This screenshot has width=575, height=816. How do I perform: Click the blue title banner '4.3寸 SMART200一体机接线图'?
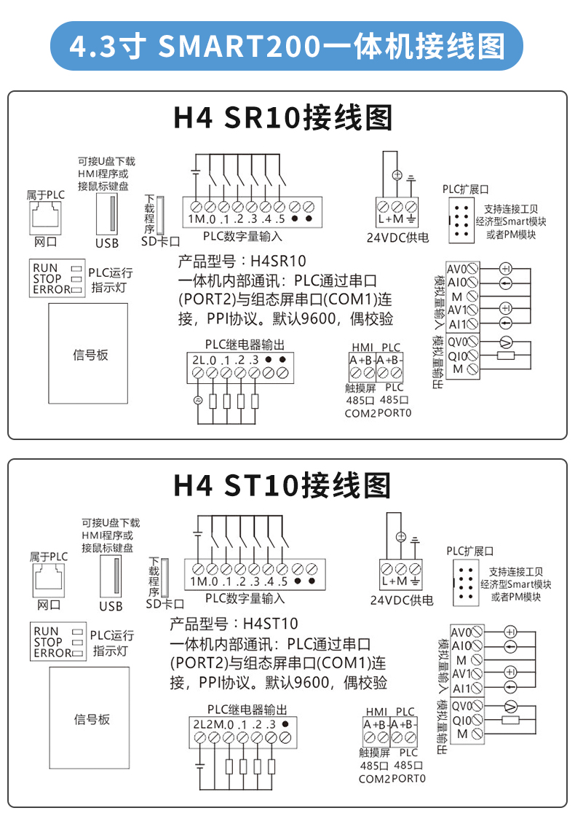click(x=287, y=46)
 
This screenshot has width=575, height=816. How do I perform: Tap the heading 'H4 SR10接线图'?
click(x=282, y=117)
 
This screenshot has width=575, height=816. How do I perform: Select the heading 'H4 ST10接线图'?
click(x=282, y=485)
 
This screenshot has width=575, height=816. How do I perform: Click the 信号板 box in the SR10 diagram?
click(x=88, y=353)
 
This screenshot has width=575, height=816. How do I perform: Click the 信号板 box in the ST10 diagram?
click(x=90, y=718)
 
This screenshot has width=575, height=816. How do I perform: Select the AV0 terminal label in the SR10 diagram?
click(x=457, y=269)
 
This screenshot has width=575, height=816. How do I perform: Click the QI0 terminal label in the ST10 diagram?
click(x=461, y=721)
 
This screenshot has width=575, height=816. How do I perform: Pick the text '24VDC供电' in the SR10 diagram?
click(x=397, y=238)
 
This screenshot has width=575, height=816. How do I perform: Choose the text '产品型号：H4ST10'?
click(x=234, y=624)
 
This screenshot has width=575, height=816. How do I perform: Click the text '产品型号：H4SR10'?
click(x=242, y=261)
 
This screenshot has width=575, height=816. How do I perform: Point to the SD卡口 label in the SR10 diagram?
click(x=161, y=241)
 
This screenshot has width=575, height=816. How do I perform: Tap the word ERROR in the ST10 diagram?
click(x=52, y=653)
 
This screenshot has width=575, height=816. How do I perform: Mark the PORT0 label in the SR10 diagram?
click(x=394, y=412)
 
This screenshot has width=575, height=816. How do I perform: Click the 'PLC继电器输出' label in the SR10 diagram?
click(x=245, y=345)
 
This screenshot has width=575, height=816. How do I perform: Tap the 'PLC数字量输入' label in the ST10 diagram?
click(x=245, y=598)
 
